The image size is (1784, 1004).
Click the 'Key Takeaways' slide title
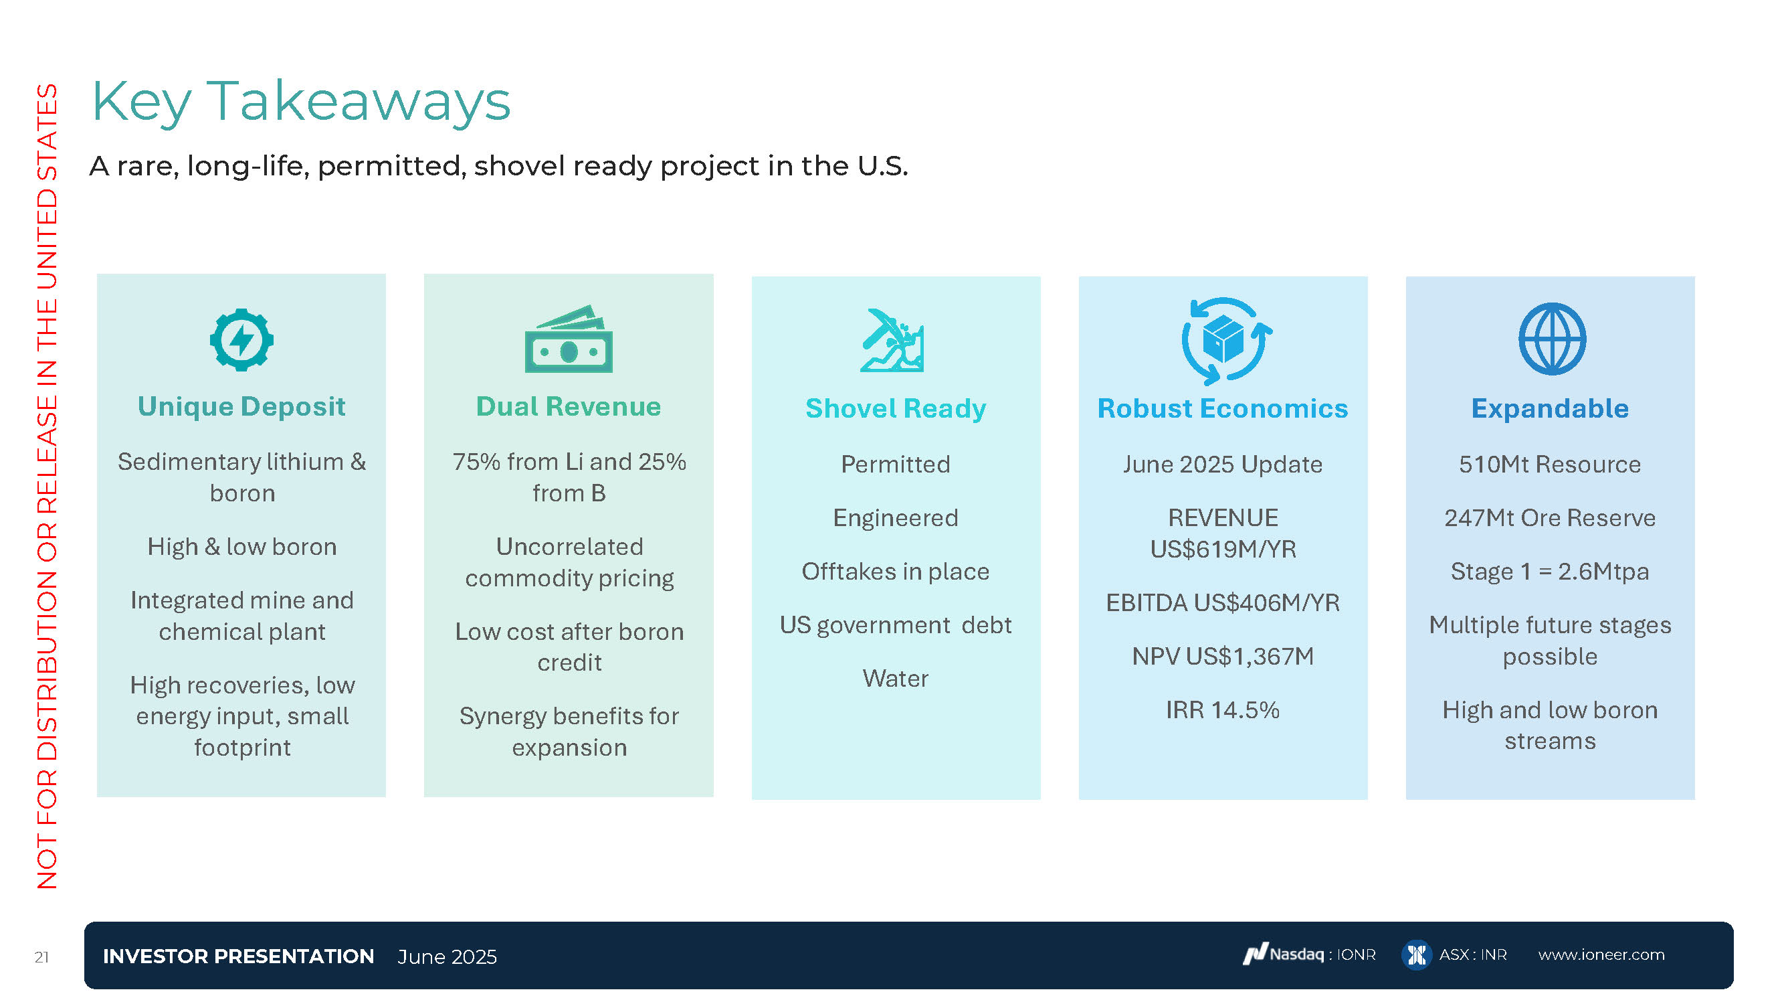click(x=300, y=102)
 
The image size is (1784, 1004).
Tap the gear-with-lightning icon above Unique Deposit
click(x=241, y=339)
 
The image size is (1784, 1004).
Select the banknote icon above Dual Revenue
click(x=569, y=339)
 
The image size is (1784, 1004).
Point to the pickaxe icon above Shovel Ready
click(x=892, y=340)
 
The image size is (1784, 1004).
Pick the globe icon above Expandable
click(x=1552, y=339)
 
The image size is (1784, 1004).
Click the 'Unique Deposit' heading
click(x=241, y=407)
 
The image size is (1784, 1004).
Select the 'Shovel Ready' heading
click(x=896, y=409)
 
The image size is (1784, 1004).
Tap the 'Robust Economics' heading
click(x=1223, y=409)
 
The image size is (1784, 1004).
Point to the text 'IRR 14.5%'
click(x=1223, y=709)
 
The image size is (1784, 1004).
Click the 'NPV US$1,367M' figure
click(x=1223, y=656)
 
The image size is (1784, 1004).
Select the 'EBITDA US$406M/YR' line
click(x=1223, y=603)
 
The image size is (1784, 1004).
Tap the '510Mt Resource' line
click(x=1550, y=465)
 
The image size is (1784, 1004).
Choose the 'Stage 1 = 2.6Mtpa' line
click(x=1550, y=572)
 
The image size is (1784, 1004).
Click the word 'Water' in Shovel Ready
click(x=896, y=678)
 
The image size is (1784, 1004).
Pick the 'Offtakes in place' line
click(x=896, y=572)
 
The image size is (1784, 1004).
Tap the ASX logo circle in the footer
click(x=1416, y=956)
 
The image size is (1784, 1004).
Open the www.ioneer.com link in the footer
click(x=1601, y=955)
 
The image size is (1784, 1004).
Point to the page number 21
click(x=41, y=957)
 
